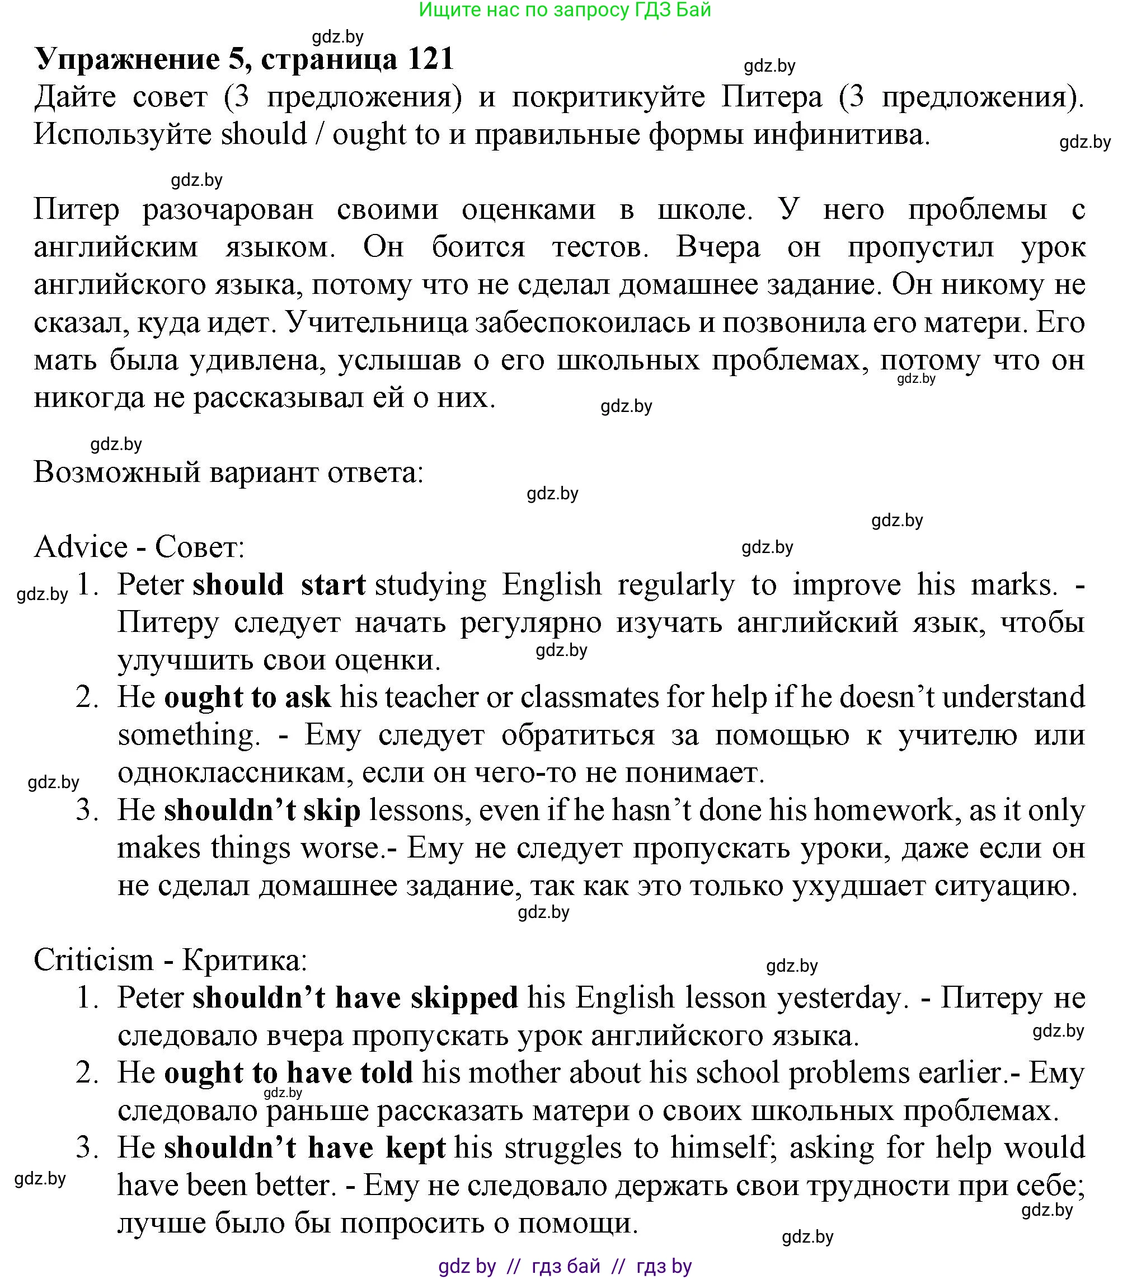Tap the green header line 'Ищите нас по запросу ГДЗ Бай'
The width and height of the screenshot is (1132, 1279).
tap(565, 10)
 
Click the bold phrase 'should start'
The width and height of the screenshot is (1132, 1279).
tap(279, 585)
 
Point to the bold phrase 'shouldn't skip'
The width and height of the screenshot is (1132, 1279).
tap(262, 811)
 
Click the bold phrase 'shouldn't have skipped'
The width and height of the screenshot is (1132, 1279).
tap(355, 998)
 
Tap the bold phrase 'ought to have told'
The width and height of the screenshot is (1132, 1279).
tap(288, 1073)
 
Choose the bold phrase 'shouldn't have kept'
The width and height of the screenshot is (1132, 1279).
tap(304, 1148)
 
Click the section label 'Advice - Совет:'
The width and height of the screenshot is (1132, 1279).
tap(139, 547)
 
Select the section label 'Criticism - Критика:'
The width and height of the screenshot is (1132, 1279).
tap(170, 961)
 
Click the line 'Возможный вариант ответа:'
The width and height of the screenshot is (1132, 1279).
tap(228, 472)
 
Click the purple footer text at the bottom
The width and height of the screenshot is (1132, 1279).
tap(565, 1267)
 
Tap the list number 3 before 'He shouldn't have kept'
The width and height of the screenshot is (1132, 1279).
tap(87, 1148)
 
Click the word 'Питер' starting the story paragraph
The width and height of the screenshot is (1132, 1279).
tap(76, 209)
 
